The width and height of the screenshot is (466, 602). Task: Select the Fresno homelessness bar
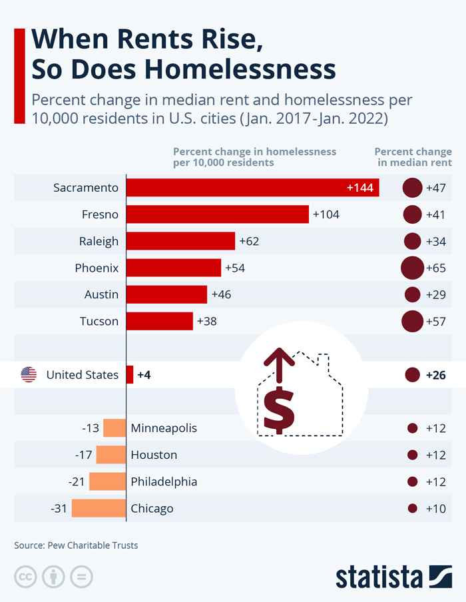(217, 214)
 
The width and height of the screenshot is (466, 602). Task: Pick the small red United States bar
(130, 375)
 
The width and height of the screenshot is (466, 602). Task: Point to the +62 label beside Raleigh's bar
(249, 241)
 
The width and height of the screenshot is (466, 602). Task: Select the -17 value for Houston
(84, 455)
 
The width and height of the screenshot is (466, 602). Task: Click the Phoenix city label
(97, 268)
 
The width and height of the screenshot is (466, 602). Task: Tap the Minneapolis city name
(164, 428)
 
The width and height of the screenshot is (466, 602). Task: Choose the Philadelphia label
(164, 481)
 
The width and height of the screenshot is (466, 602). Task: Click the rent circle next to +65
(413, 268)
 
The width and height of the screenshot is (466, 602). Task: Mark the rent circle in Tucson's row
(413, 321)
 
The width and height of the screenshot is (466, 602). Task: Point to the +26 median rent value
(436, 375)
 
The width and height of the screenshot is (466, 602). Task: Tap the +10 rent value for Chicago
(436, 508)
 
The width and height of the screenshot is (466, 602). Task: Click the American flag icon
(29, 375)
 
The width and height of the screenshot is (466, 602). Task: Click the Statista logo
(393, 577)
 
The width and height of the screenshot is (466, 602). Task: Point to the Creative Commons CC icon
(25, 577)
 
